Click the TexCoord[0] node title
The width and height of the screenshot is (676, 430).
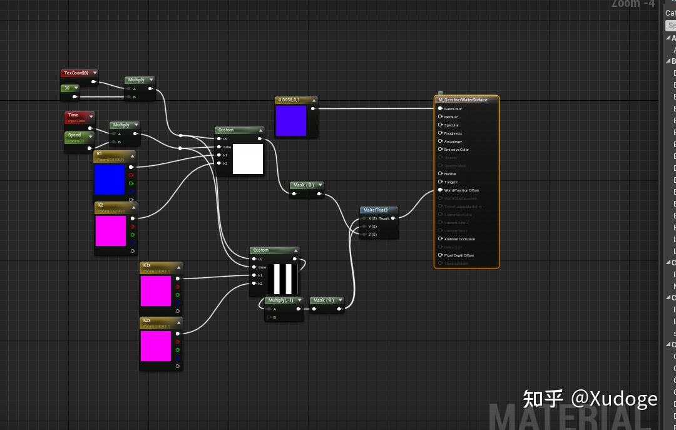pos(76,73)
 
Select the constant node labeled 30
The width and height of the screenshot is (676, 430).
pos(66,88)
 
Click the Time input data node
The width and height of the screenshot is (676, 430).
pos(74,115)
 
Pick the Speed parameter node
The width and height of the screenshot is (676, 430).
pos(74,135)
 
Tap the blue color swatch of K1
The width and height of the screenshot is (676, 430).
pos(110,179)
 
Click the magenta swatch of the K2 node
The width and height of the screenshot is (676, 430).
pos(111,230)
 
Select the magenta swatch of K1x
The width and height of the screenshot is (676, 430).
pos(156,291)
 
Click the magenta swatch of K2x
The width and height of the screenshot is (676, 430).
pos(156,346)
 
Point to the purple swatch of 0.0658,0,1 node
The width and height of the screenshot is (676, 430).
pos(291,120)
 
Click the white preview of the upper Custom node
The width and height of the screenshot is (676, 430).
pos(248,158)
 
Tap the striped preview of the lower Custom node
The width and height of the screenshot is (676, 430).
pos(283,279)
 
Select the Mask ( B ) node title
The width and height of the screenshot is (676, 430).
pos(304,185)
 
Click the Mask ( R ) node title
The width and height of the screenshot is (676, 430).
pos(324,300)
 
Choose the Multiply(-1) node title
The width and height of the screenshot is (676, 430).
pos(280,300)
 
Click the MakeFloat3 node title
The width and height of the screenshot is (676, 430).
pos(376,210)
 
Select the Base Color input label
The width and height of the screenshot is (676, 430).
pos(453,109)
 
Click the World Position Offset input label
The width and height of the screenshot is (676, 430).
pos(461,190)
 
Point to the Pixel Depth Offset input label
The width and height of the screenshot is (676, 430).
pos(459,255)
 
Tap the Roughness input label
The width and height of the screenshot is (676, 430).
pos(453,133)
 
